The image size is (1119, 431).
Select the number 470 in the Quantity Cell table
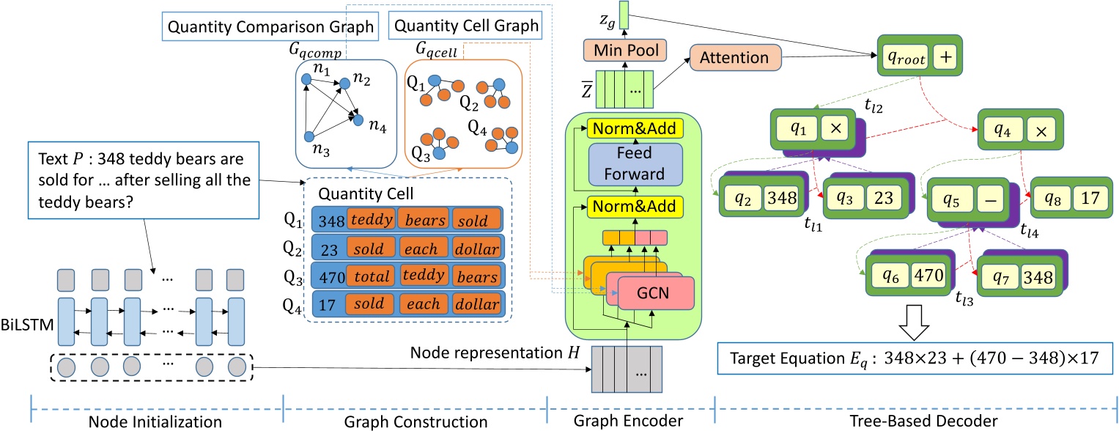click(x=328, y=277)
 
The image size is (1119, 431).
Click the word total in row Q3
click(x=372, y=277)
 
